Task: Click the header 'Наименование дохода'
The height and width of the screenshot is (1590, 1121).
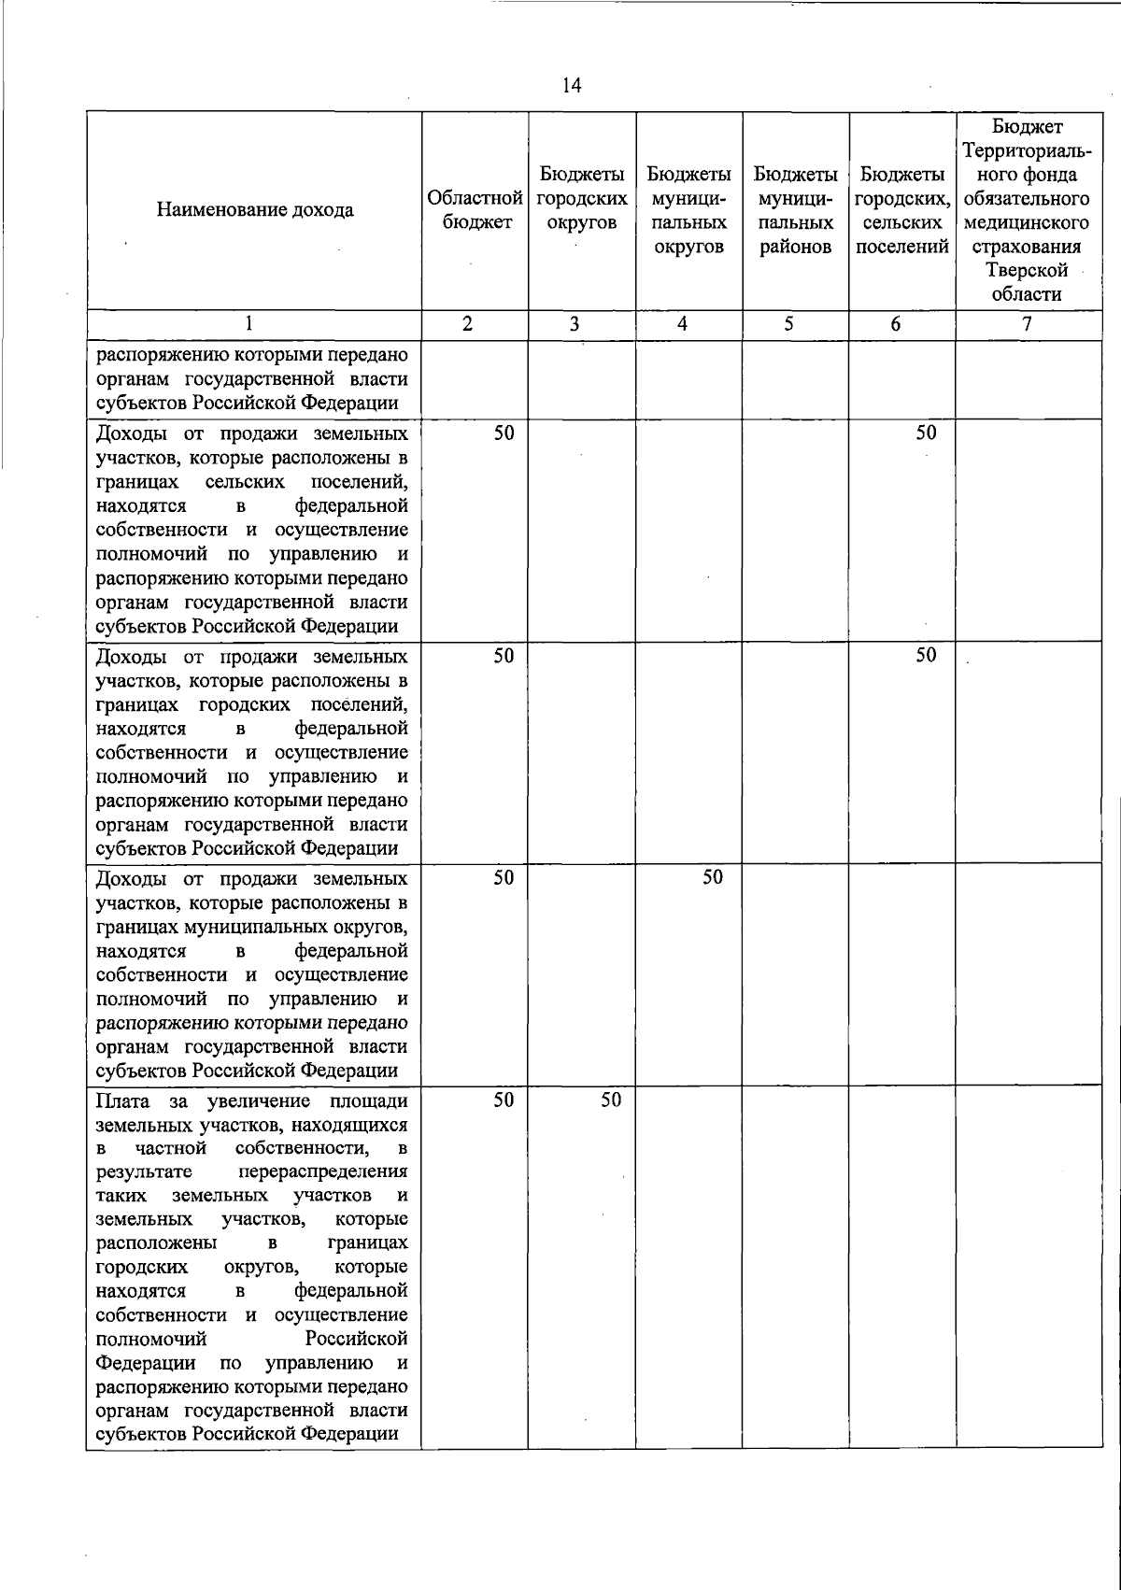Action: point(255,210)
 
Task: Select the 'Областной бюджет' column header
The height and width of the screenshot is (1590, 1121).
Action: point(475,210)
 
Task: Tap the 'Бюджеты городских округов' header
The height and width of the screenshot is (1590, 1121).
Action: point(582,199)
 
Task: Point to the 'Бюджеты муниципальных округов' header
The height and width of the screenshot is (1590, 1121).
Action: point(688,210)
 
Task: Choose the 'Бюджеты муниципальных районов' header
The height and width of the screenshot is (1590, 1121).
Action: point(795,210)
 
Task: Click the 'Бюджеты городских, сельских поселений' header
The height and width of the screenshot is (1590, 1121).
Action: point(901,210)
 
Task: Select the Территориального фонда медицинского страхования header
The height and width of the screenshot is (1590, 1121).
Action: point(1027,210)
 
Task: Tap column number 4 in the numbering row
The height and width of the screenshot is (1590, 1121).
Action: point(684,324)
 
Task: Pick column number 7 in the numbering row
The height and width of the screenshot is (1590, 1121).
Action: point(1027,324)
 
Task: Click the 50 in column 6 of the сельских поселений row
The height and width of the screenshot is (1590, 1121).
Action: point(926,433)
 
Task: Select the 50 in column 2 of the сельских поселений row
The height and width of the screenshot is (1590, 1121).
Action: point(504,433)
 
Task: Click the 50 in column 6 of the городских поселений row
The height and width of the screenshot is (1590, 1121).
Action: point(926,655)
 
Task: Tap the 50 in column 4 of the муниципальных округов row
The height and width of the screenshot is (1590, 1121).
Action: point(713,877)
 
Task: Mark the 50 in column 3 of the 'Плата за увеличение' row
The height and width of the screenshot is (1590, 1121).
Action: point(611,1100)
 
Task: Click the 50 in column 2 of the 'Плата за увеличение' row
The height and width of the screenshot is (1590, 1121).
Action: point(504,1100)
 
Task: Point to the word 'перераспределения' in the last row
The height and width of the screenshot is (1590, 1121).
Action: point(323,1172)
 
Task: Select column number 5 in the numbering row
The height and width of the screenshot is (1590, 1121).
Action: point(789,324)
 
